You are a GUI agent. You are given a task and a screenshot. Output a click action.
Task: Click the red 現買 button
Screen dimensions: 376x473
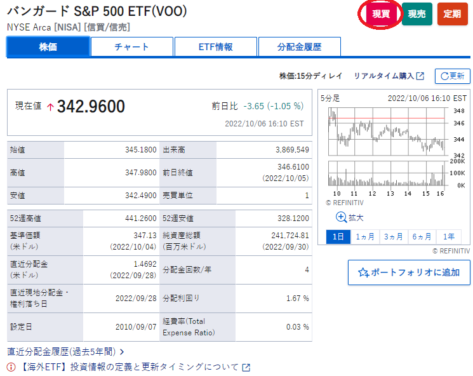pos(381,14)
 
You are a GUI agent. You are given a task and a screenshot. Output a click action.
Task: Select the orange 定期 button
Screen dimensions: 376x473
pos(452,14)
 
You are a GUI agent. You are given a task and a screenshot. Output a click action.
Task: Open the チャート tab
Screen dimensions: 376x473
pos(131,47)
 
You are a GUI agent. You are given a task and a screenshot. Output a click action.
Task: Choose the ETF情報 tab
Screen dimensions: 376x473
pos(215,47)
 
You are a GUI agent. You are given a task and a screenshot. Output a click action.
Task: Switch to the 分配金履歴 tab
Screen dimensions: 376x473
pos(299,47)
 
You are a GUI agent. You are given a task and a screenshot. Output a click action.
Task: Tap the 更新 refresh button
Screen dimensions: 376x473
pos(452,76)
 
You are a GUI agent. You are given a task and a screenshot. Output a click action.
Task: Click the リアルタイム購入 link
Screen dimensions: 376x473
pos(389,76)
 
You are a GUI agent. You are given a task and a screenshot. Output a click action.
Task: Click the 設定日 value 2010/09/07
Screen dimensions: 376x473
pos(136,326)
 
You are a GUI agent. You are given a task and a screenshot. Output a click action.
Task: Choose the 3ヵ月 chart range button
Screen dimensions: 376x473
pos(394,236)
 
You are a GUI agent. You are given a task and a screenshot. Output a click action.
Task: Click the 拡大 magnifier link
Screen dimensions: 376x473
pos(350,217)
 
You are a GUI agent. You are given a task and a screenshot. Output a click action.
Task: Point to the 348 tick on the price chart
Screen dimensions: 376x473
pos(458,111)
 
